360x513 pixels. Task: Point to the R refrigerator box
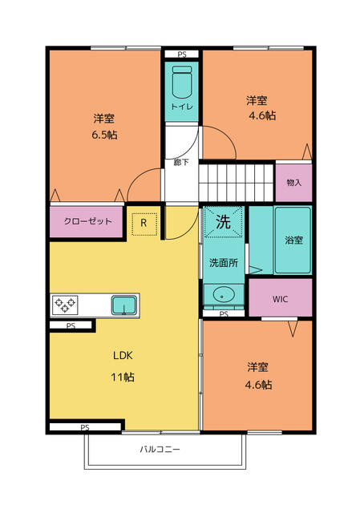click(x=144, y=224)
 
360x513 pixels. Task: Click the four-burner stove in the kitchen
click(x=64, y=305)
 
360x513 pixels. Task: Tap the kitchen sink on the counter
click(x=123, y=305)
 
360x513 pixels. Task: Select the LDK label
click(x=123, y=355)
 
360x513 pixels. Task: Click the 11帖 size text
click(x=123, y=376)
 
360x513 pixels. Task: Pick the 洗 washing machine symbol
click(x=222, y=222)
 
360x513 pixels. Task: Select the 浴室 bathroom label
click(x=293, y=240)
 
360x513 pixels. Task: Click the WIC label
click(x=280, y=299)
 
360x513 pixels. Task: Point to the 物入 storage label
click(x=294, y=183)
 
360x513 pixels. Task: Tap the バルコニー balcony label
click(x=160, y=450)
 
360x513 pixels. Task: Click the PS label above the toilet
click(x=182, y=55)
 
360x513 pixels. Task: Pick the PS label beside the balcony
click(x=85, y=427)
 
